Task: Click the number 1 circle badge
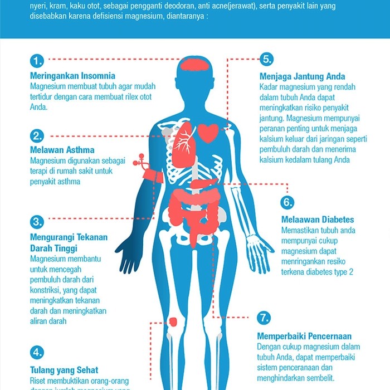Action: click(x=37, y=60)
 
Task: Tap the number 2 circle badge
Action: click(x=37, y=135)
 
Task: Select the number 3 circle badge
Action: click(x=37, y=222)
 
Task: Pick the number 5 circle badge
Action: click(x=267, y=60)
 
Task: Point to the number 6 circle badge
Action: click(x=286, y=202)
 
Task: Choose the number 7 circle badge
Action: click(x=264, y=318)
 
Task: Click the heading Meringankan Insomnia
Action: click(x=72, y=75)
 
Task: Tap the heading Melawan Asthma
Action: click(x=62, y=150)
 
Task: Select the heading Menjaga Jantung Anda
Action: click(x=302, y=76)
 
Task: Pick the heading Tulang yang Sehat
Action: click(x=64, y=369)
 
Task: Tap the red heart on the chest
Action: click(x=208, y=133)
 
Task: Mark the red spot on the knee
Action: click(x=173, y=321)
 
